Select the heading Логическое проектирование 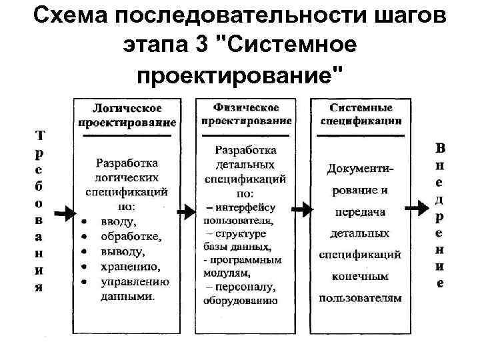(x=127, y=115)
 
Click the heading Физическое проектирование (x=245, y=114)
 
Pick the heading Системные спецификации (x=361, y=114)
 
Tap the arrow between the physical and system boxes (x=301, y=210)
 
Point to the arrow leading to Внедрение (x=417, y=209)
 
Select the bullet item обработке (x=131, y=237)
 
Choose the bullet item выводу (x=122, y=251)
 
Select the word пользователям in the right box (x=360, y=298)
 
